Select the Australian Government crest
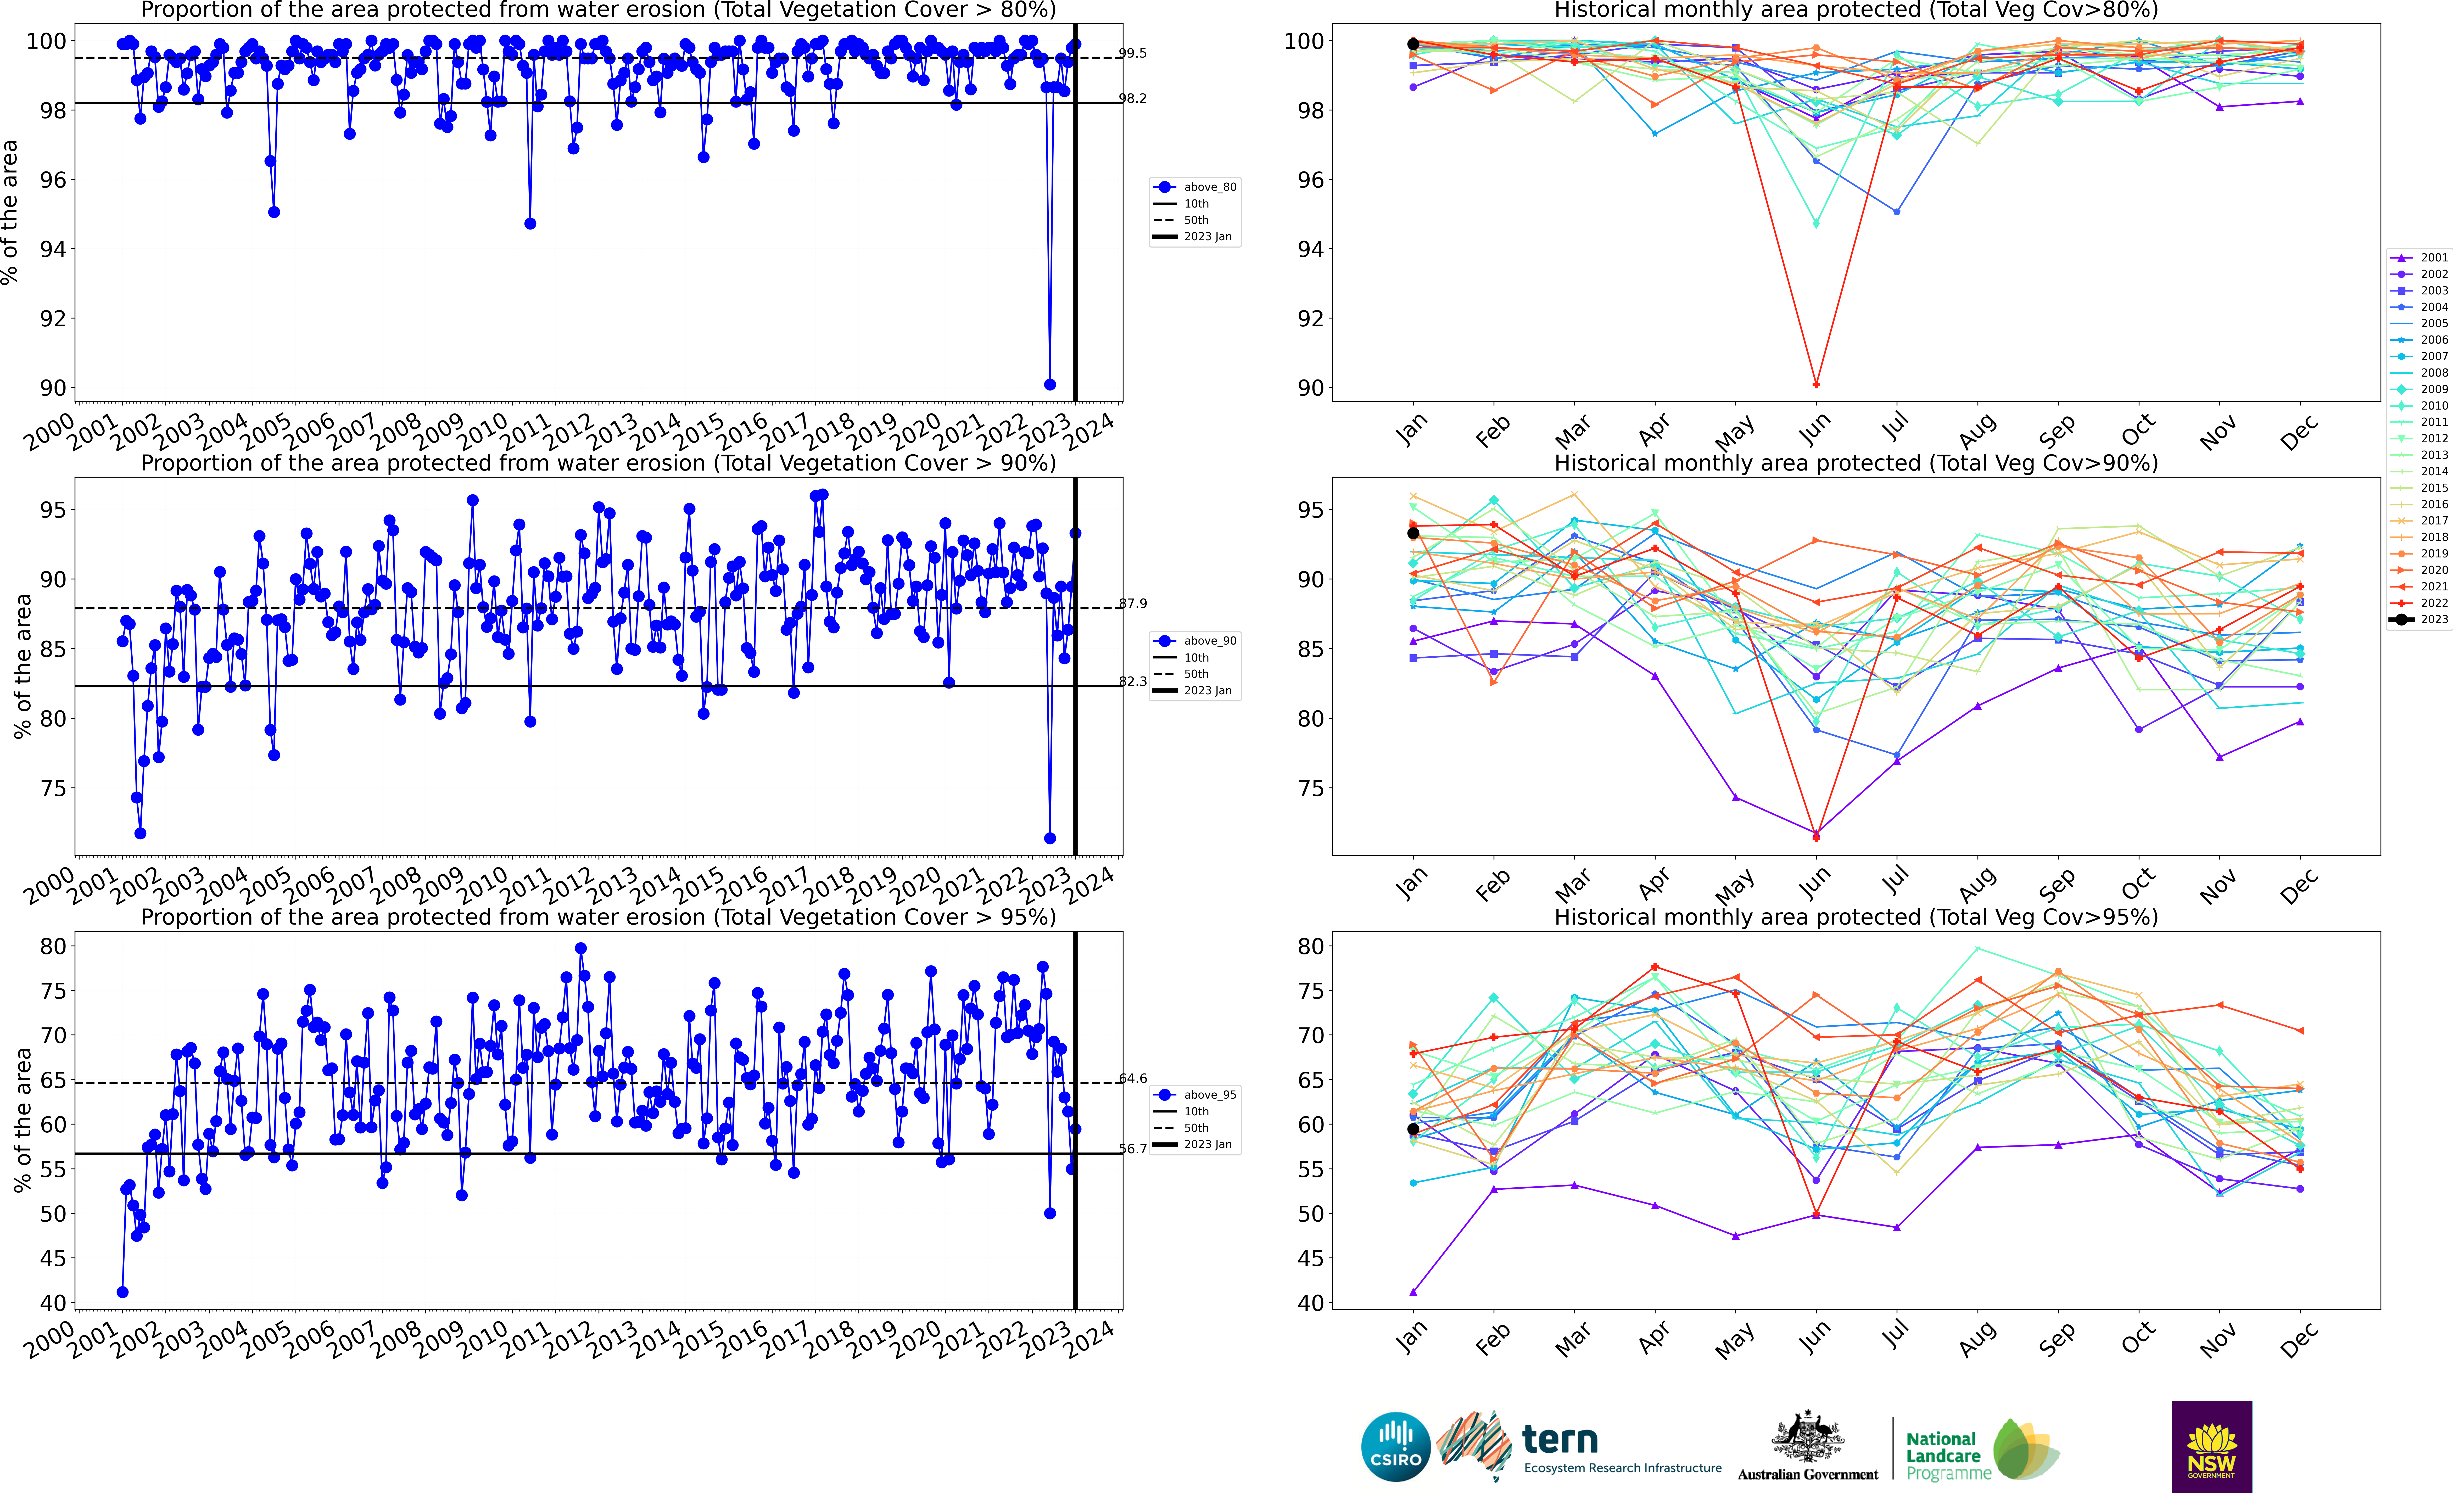tap(1807, 1438)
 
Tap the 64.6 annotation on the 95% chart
tap(1132, 1078)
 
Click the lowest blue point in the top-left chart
tap(1049, 384)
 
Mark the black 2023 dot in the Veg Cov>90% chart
tap(1413, 534)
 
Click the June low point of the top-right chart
tap(1816, 384)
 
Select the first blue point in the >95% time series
tap(122, 1292)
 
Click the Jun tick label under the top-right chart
tap(1814, 430)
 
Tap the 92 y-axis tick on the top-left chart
tap(53, 318)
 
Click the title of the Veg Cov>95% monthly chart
tap(1856, 917)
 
